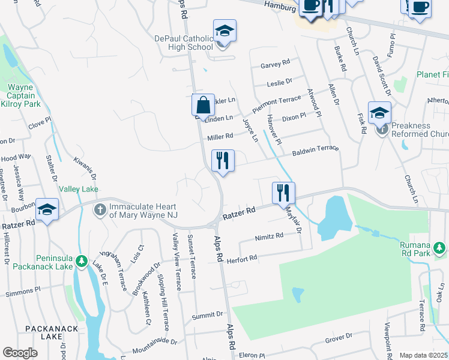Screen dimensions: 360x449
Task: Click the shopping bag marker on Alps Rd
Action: coord(203,105)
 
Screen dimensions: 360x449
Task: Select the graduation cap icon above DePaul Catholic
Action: coord(224,31)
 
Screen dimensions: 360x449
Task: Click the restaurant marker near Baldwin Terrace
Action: coord(223,161)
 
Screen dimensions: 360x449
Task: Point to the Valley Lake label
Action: coord(78,189)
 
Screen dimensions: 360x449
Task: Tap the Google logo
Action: coord(20,353)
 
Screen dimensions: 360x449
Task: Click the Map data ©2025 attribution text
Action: coord(424,355)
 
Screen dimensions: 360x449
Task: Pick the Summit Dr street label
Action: coord(207,314)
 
